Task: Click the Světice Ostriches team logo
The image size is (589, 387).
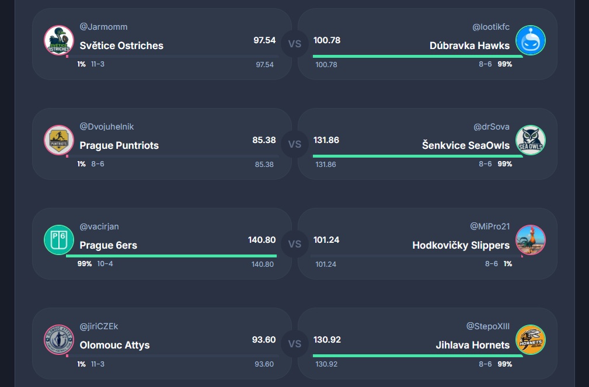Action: click(x=58, y=40)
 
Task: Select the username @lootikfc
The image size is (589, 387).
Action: click(x=491, y=27)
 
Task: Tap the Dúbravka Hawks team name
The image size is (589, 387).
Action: click(x=469, y=46)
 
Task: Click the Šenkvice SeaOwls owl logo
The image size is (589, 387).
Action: click(x=531, y=140)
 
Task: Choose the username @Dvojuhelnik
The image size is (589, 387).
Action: click(x=107, y=127)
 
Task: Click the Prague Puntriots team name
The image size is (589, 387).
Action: click(x=119, y=145)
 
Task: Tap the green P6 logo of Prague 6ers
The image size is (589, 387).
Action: click(x=58, y=240)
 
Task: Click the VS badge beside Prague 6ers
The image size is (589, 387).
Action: click(x=295, y=243)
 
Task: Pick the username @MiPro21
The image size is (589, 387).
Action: click(x=490, y=226)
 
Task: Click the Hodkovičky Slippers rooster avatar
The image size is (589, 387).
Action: click(x=531, y=240)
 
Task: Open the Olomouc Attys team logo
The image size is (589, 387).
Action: click(x=58, y=340)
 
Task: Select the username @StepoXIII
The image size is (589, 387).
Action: click(x=488, y=326)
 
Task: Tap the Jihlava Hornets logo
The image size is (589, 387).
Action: click(x=531, y=340)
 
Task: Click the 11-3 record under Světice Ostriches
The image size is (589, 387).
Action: click(x=97, y=64)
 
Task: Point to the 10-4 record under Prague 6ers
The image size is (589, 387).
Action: click(x=105, y=264)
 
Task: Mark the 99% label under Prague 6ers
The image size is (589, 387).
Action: click(x=85, y=264)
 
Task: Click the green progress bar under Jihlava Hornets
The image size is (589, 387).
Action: click(x=417, y=355)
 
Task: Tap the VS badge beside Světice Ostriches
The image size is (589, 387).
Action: click(x=295, y=44)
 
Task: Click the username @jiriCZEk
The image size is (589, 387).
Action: click(x=99, y=326)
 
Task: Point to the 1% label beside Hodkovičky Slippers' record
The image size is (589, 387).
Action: click(x=508, y=264)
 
